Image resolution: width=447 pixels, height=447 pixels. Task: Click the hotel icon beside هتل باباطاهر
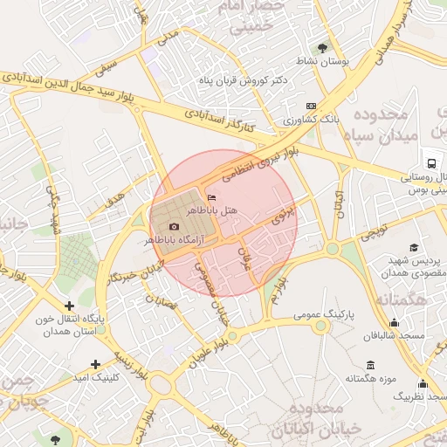(x=212, y=196)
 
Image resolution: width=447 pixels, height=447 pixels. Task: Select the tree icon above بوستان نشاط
(x=323, y=48)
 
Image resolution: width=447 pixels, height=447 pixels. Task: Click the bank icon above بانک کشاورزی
(x=312, y=105)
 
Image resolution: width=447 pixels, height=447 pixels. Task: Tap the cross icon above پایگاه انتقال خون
(x=69, y=306)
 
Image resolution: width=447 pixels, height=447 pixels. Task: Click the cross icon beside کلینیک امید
(x=95, y=363)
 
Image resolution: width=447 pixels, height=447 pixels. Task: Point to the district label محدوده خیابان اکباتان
(x=305, y=420)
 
